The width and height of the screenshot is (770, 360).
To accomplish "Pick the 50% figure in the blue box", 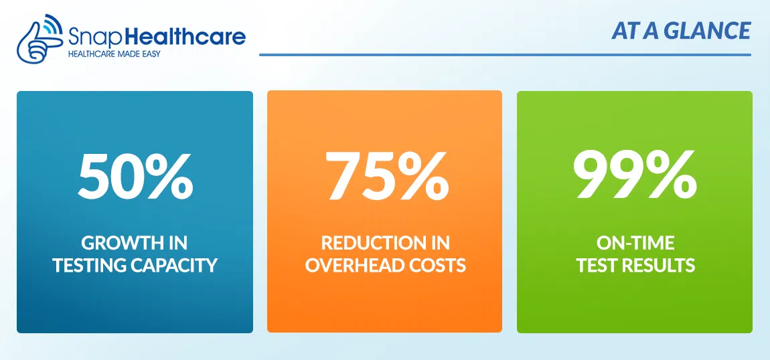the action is coord(135,175).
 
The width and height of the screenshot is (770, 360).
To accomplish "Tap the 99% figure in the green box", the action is coord(635,175).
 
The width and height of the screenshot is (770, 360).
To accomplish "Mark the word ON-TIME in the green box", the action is coord(635,243).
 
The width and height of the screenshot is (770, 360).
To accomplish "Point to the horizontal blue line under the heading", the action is coord(506,54).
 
